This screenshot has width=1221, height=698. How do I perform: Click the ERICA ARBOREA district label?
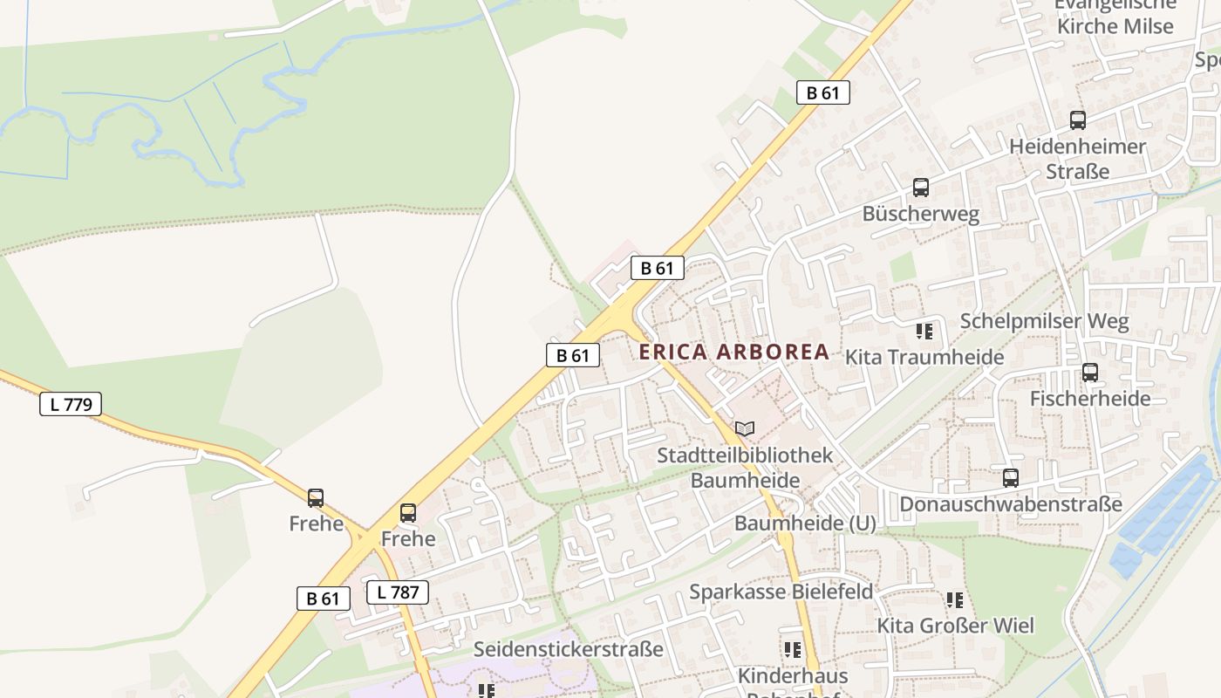(733, 352)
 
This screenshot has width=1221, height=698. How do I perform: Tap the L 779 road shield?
(71, 404)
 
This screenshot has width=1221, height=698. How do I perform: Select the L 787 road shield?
(398, 592)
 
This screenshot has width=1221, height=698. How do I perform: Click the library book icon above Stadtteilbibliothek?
(744, 428)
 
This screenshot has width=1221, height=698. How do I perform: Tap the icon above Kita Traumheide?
(924, 332)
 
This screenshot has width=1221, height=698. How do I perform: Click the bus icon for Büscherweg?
(921, 188)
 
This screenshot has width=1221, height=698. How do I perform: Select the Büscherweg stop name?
(921, 214)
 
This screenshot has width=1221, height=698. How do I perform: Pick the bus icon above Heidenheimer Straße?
(1078, 120)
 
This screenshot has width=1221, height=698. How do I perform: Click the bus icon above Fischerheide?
(1090, 373)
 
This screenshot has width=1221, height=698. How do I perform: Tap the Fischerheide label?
(1090, 399)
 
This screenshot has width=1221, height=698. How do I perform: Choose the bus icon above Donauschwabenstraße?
(1011, 478)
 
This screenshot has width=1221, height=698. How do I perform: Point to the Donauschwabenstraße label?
(1011, 504)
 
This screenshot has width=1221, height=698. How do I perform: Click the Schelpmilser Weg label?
(1044, 321)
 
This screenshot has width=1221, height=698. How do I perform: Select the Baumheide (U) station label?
(805, 523)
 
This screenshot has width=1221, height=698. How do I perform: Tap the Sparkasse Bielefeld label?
(781, 592)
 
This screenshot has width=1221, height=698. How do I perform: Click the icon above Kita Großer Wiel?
(955, 600)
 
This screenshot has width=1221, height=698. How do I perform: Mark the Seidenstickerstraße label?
(568, 649)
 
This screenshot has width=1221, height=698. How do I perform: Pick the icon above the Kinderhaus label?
(792, 650)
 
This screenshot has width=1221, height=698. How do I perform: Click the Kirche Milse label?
(1115, 26)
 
